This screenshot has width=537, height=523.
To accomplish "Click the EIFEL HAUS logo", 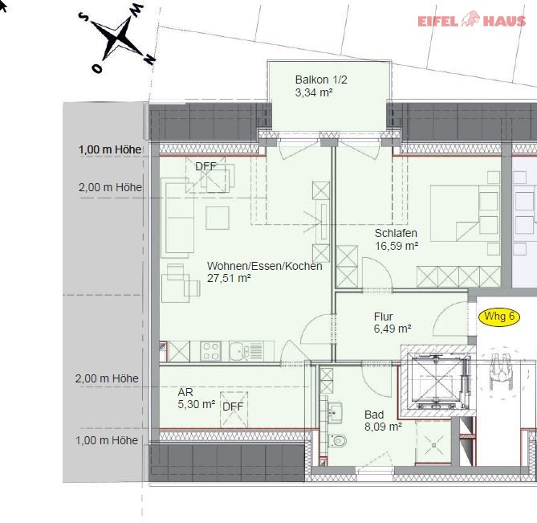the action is (472, 19).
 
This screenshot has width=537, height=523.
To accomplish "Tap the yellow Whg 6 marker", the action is (499, 317).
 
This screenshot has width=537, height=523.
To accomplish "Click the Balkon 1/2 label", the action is (321, 80).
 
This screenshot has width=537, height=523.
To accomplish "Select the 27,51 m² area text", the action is (229, 278).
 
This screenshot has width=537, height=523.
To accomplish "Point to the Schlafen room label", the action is (396, 233).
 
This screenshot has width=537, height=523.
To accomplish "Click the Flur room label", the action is (383, 317).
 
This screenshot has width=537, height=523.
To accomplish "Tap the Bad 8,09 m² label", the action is (383, 420).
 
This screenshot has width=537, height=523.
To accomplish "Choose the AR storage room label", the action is (185, 392).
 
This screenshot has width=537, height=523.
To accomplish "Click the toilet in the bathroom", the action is (337, 441).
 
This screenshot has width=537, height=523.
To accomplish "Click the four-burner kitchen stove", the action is (210, 351).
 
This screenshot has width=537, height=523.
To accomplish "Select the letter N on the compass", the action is (149, 59).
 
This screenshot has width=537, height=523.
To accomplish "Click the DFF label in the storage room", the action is (233, 407).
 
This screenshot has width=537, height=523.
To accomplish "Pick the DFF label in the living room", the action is (205, 166).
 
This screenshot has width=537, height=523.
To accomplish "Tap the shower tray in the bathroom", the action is (433, 442).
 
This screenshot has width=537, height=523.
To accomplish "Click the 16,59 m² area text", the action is (397, 246).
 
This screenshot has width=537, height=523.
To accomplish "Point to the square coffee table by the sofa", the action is (218, 218).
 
